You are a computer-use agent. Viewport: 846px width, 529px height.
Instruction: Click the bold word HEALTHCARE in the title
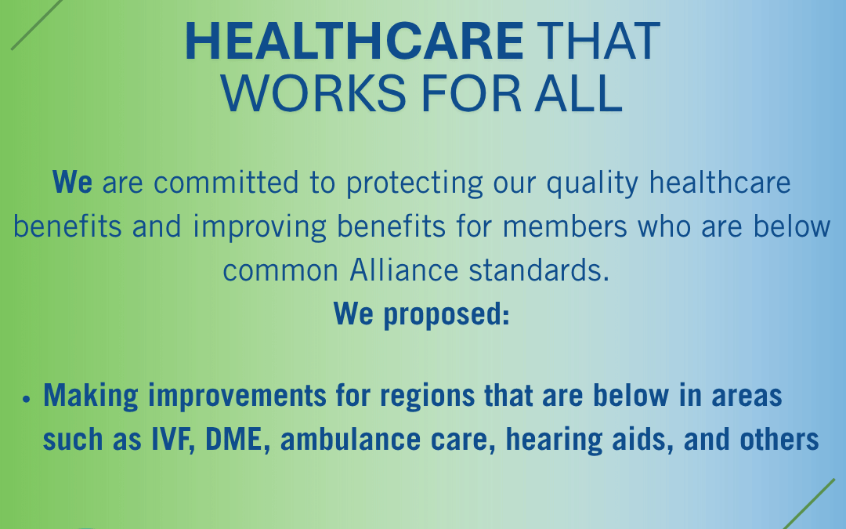click(354, 41)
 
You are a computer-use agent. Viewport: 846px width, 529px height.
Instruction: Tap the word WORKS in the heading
click(313, 94)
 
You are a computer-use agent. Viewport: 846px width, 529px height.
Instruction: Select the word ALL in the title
click(578, 94)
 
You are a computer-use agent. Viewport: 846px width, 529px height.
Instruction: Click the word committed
click(226, 182)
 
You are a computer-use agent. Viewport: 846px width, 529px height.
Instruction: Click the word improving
click(259, 227)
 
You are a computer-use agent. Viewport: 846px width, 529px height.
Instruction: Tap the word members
click(565, 226)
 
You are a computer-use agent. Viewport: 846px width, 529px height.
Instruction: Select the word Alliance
click(404, 270)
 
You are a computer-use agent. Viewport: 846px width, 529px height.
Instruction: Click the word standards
click(539, 270)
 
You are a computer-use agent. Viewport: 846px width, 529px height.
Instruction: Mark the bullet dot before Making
click(27, 399)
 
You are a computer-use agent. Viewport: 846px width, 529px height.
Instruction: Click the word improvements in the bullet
click(237, 396)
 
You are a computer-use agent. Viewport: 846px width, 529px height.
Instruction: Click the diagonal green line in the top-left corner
click(37, 25)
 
